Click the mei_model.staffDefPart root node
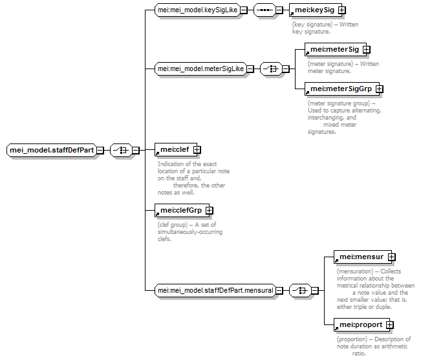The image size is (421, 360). pos(51,150)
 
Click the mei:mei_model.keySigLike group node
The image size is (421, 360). pos(197,10)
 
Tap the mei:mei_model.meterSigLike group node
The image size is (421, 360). pos(200,69)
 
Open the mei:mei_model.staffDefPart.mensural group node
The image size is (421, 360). pos(215,291)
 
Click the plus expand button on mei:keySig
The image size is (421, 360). pos(342,10)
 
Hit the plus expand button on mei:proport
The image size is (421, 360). pos(389,325)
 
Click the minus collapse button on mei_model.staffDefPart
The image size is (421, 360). pos(100,150)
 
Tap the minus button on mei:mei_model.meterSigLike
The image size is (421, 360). pos(250,69)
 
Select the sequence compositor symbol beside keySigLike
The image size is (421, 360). pos(264,10)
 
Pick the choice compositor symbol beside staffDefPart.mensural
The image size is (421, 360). pos(300,291)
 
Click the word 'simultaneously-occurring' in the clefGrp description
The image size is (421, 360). pos(190,232)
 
